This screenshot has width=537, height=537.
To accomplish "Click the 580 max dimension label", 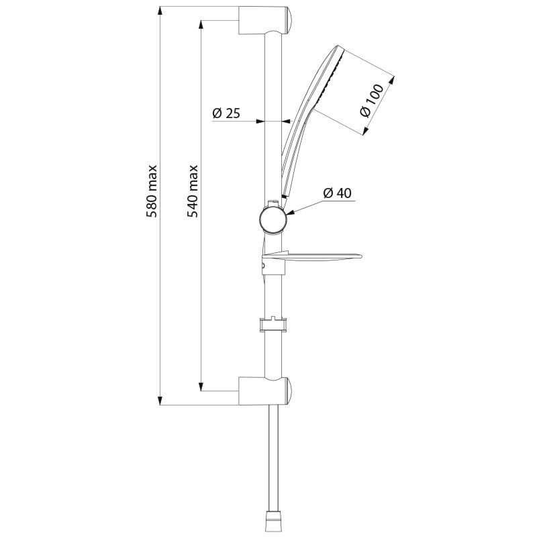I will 152,191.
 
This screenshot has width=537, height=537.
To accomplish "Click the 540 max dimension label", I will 193,191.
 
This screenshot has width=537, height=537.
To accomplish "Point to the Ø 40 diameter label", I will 337,193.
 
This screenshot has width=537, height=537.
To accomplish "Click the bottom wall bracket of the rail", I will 263,391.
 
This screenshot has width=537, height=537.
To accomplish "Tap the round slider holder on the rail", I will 272,219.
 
